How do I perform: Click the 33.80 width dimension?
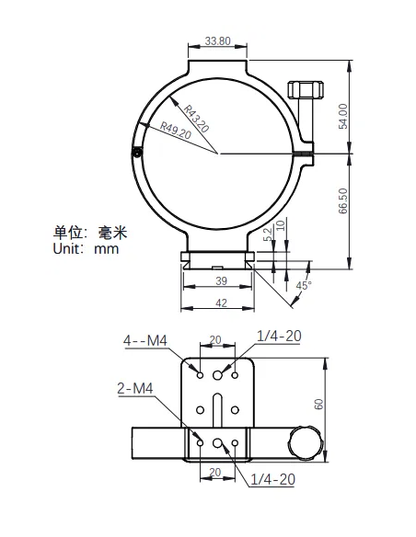point(218,41)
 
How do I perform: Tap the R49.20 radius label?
point(175,131)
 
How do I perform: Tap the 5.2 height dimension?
point(268,235)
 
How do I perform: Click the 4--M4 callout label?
point(144,341)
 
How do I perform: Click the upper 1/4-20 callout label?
point(278,336)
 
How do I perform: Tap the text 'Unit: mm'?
point(86,248)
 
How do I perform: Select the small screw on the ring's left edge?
point(136,154)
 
